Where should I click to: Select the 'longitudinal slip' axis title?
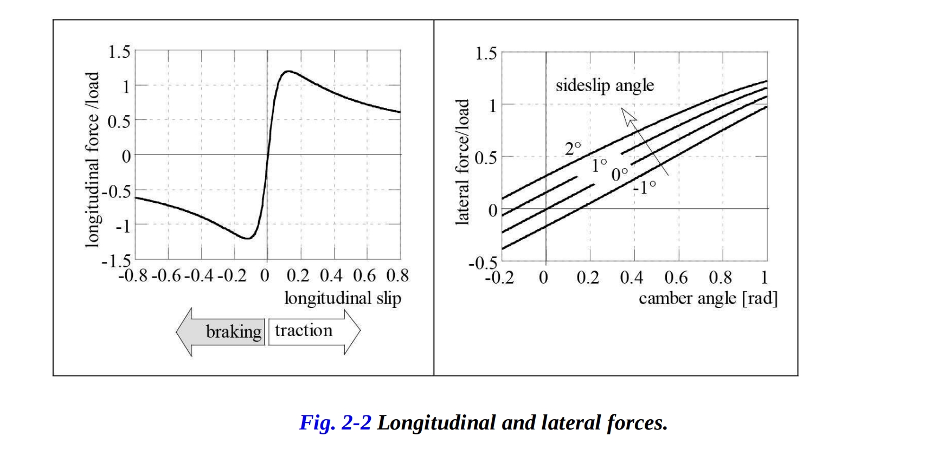click(x=343, y=298)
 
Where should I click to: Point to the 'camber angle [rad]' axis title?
click(x=708, y=298)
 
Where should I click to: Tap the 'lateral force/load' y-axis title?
click(x=462, y=162)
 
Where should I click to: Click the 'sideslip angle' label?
click(x=605, y=86)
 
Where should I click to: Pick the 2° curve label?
click(x=573, y=148)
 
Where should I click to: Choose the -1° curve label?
click(x=644, y=187)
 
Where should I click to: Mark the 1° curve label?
click(x=599, y=165)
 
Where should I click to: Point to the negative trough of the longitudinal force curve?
click(x=247, y=238)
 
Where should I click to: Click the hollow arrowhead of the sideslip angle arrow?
click(x=628, y=116)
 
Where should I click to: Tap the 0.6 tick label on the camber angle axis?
click(x=676, y=278)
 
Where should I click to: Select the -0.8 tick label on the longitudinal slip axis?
click(x=133, y=275)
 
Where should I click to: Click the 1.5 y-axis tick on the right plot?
click(x=485, y=54)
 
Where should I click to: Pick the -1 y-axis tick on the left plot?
click(x=123, y=226)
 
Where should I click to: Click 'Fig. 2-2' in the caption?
click(x=335, y=422)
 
